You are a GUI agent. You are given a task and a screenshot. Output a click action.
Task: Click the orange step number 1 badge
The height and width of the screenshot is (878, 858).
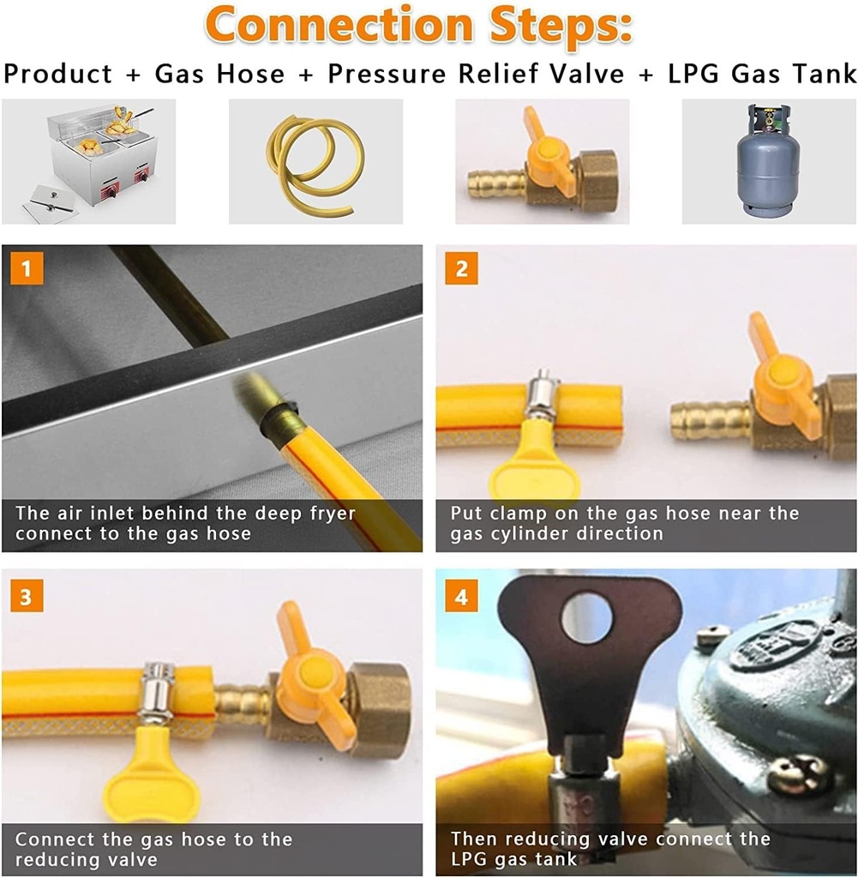[26, 269]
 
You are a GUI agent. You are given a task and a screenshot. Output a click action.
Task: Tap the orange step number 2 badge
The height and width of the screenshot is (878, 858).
[461, 269]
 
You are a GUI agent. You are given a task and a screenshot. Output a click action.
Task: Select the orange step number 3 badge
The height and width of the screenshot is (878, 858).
[26, 596]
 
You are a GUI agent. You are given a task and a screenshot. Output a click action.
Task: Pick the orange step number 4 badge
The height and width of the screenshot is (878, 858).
[461, 596]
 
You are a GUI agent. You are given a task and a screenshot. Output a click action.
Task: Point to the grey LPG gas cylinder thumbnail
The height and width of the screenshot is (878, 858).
[768, 163]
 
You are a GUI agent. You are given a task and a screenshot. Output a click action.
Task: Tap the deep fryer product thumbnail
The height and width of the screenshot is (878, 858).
[88, 161]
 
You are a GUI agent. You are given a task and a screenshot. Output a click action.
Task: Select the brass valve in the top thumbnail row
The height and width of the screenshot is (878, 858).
[542, 162]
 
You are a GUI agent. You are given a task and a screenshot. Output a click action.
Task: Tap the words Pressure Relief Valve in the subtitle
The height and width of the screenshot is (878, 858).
[476, 75]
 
